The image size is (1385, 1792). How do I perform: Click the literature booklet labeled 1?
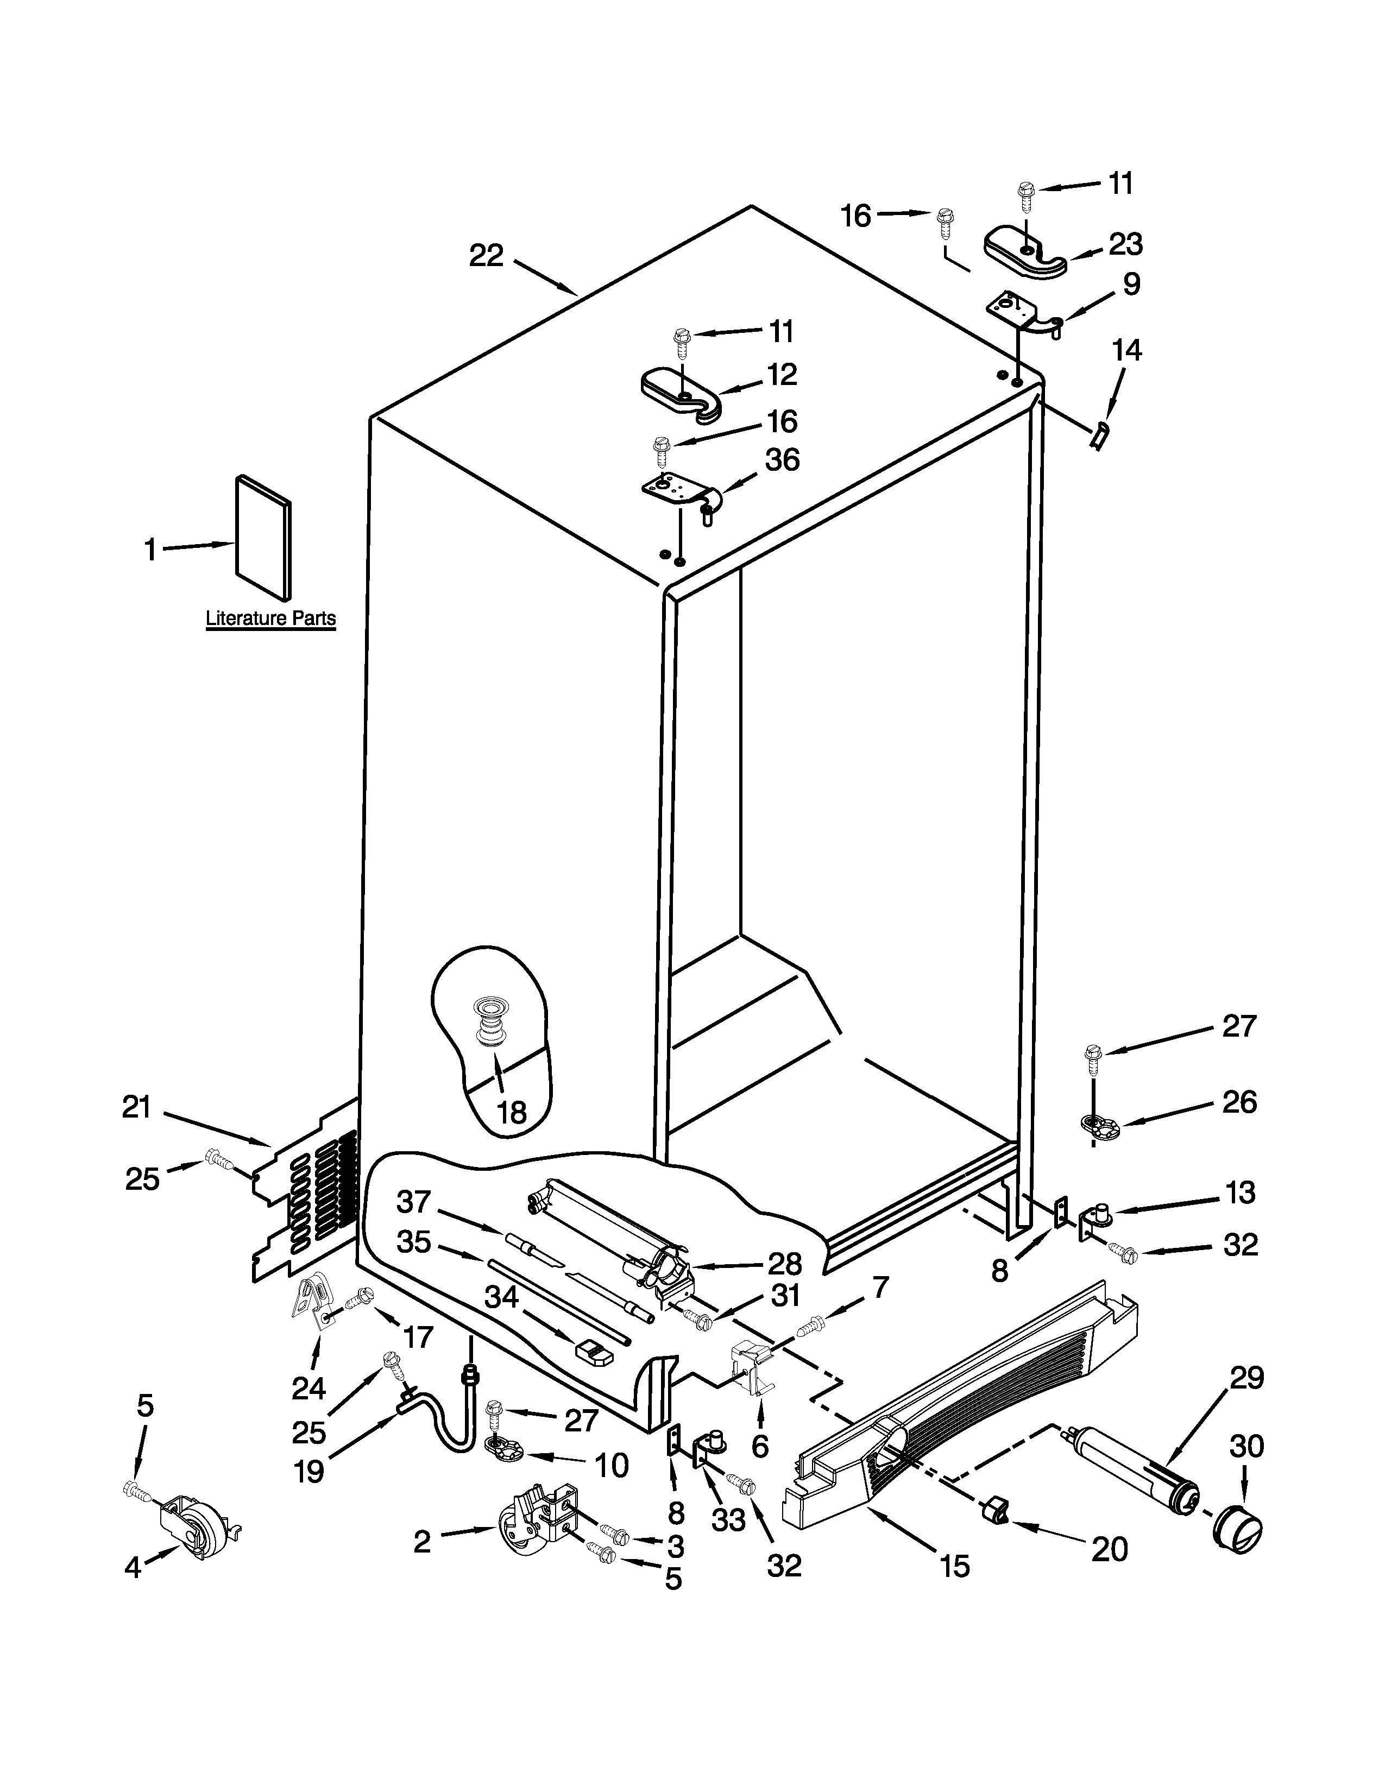pos(262,538)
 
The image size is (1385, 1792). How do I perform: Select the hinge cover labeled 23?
pos(1023,254)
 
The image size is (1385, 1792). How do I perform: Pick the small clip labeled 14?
pos(1099,435)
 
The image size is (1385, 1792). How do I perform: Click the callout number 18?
pos(512,1113)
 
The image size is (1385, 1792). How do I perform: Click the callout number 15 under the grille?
pos(955,1566)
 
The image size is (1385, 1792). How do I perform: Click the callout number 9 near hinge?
pos(1131,284)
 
